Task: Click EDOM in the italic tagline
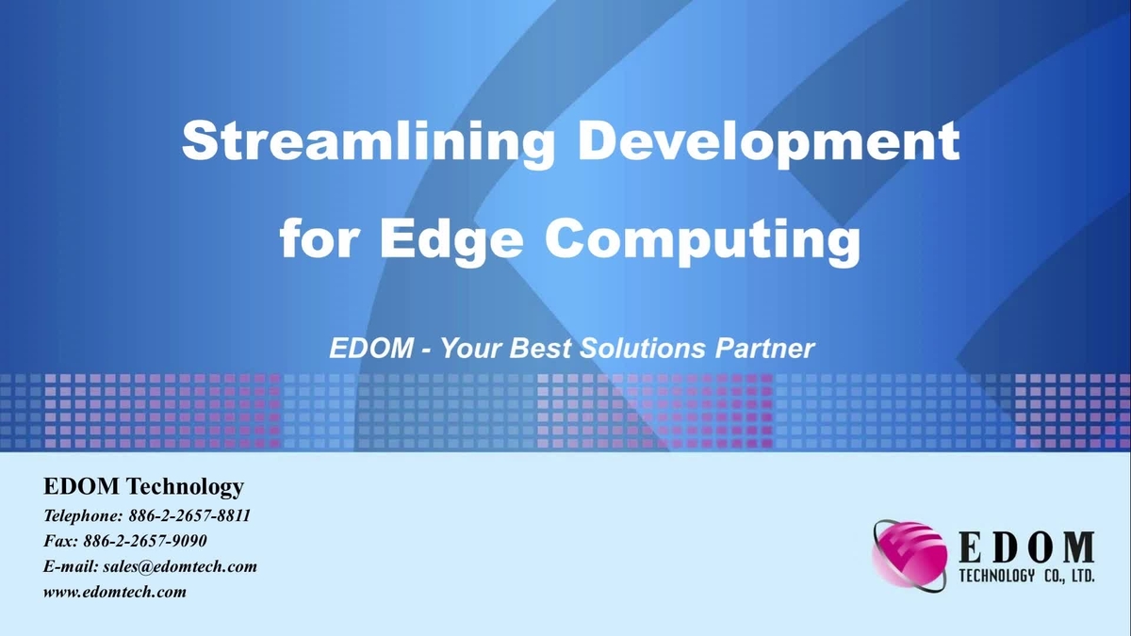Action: coord(370,349)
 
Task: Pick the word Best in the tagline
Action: coord(541,349)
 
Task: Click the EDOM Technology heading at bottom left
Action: coord(143,487)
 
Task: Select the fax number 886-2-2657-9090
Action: coord(145,542)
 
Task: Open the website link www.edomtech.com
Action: coord(115,593)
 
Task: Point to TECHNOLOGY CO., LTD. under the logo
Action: coord(1025,576)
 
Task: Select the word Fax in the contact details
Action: coord(60,542)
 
